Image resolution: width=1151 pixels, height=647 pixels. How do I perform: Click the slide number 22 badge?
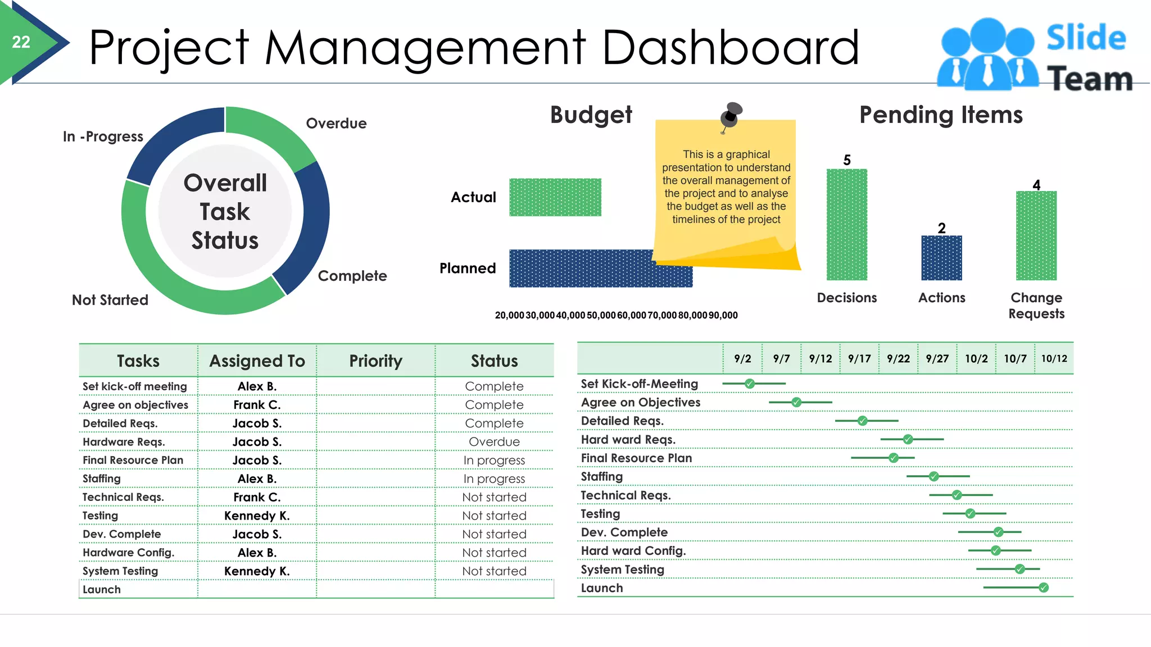[x=21, y=42]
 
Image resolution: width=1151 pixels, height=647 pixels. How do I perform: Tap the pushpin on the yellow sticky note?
[x=731, y=114]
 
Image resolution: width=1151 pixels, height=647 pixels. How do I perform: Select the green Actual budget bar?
[x=555, y=197]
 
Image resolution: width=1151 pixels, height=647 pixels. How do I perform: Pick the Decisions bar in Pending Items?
[x=846, y=225]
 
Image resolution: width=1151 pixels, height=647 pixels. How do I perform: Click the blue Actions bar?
[x=941, y=258]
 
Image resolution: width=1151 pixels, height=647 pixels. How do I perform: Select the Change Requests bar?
[x=1036, y=235]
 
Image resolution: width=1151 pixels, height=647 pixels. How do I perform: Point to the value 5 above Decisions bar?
[x=847, y=160]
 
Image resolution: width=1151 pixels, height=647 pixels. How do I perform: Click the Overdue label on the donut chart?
[x=336, y=124]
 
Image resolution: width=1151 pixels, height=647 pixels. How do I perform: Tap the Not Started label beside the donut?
[x=110, y=300]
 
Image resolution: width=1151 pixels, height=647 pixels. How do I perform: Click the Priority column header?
[x=375, y=361]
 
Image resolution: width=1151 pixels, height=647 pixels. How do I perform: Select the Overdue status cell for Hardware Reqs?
[x=494, y=441]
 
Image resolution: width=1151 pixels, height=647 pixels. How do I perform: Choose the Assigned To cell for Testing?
[x=257, y=516]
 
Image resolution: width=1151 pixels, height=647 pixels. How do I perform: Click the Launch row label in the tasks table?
[x=102, y=589]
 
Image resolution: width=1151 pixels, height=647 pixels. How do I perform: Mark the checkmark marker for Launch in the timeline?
[x=1044, y=587]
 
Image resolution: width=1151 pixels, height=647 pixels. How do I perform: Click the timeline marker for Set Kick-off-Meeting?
[x=749, y=384]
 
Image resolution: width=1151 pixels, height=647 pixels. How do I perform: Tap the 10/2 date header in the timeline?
[x=976, y=358]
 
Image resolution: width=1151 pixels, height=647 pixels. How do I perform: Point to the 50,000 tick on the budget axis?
[x=601, y=316]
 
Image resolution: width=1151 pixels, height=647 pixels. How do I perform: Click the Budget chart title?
[x=591, y=115]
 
